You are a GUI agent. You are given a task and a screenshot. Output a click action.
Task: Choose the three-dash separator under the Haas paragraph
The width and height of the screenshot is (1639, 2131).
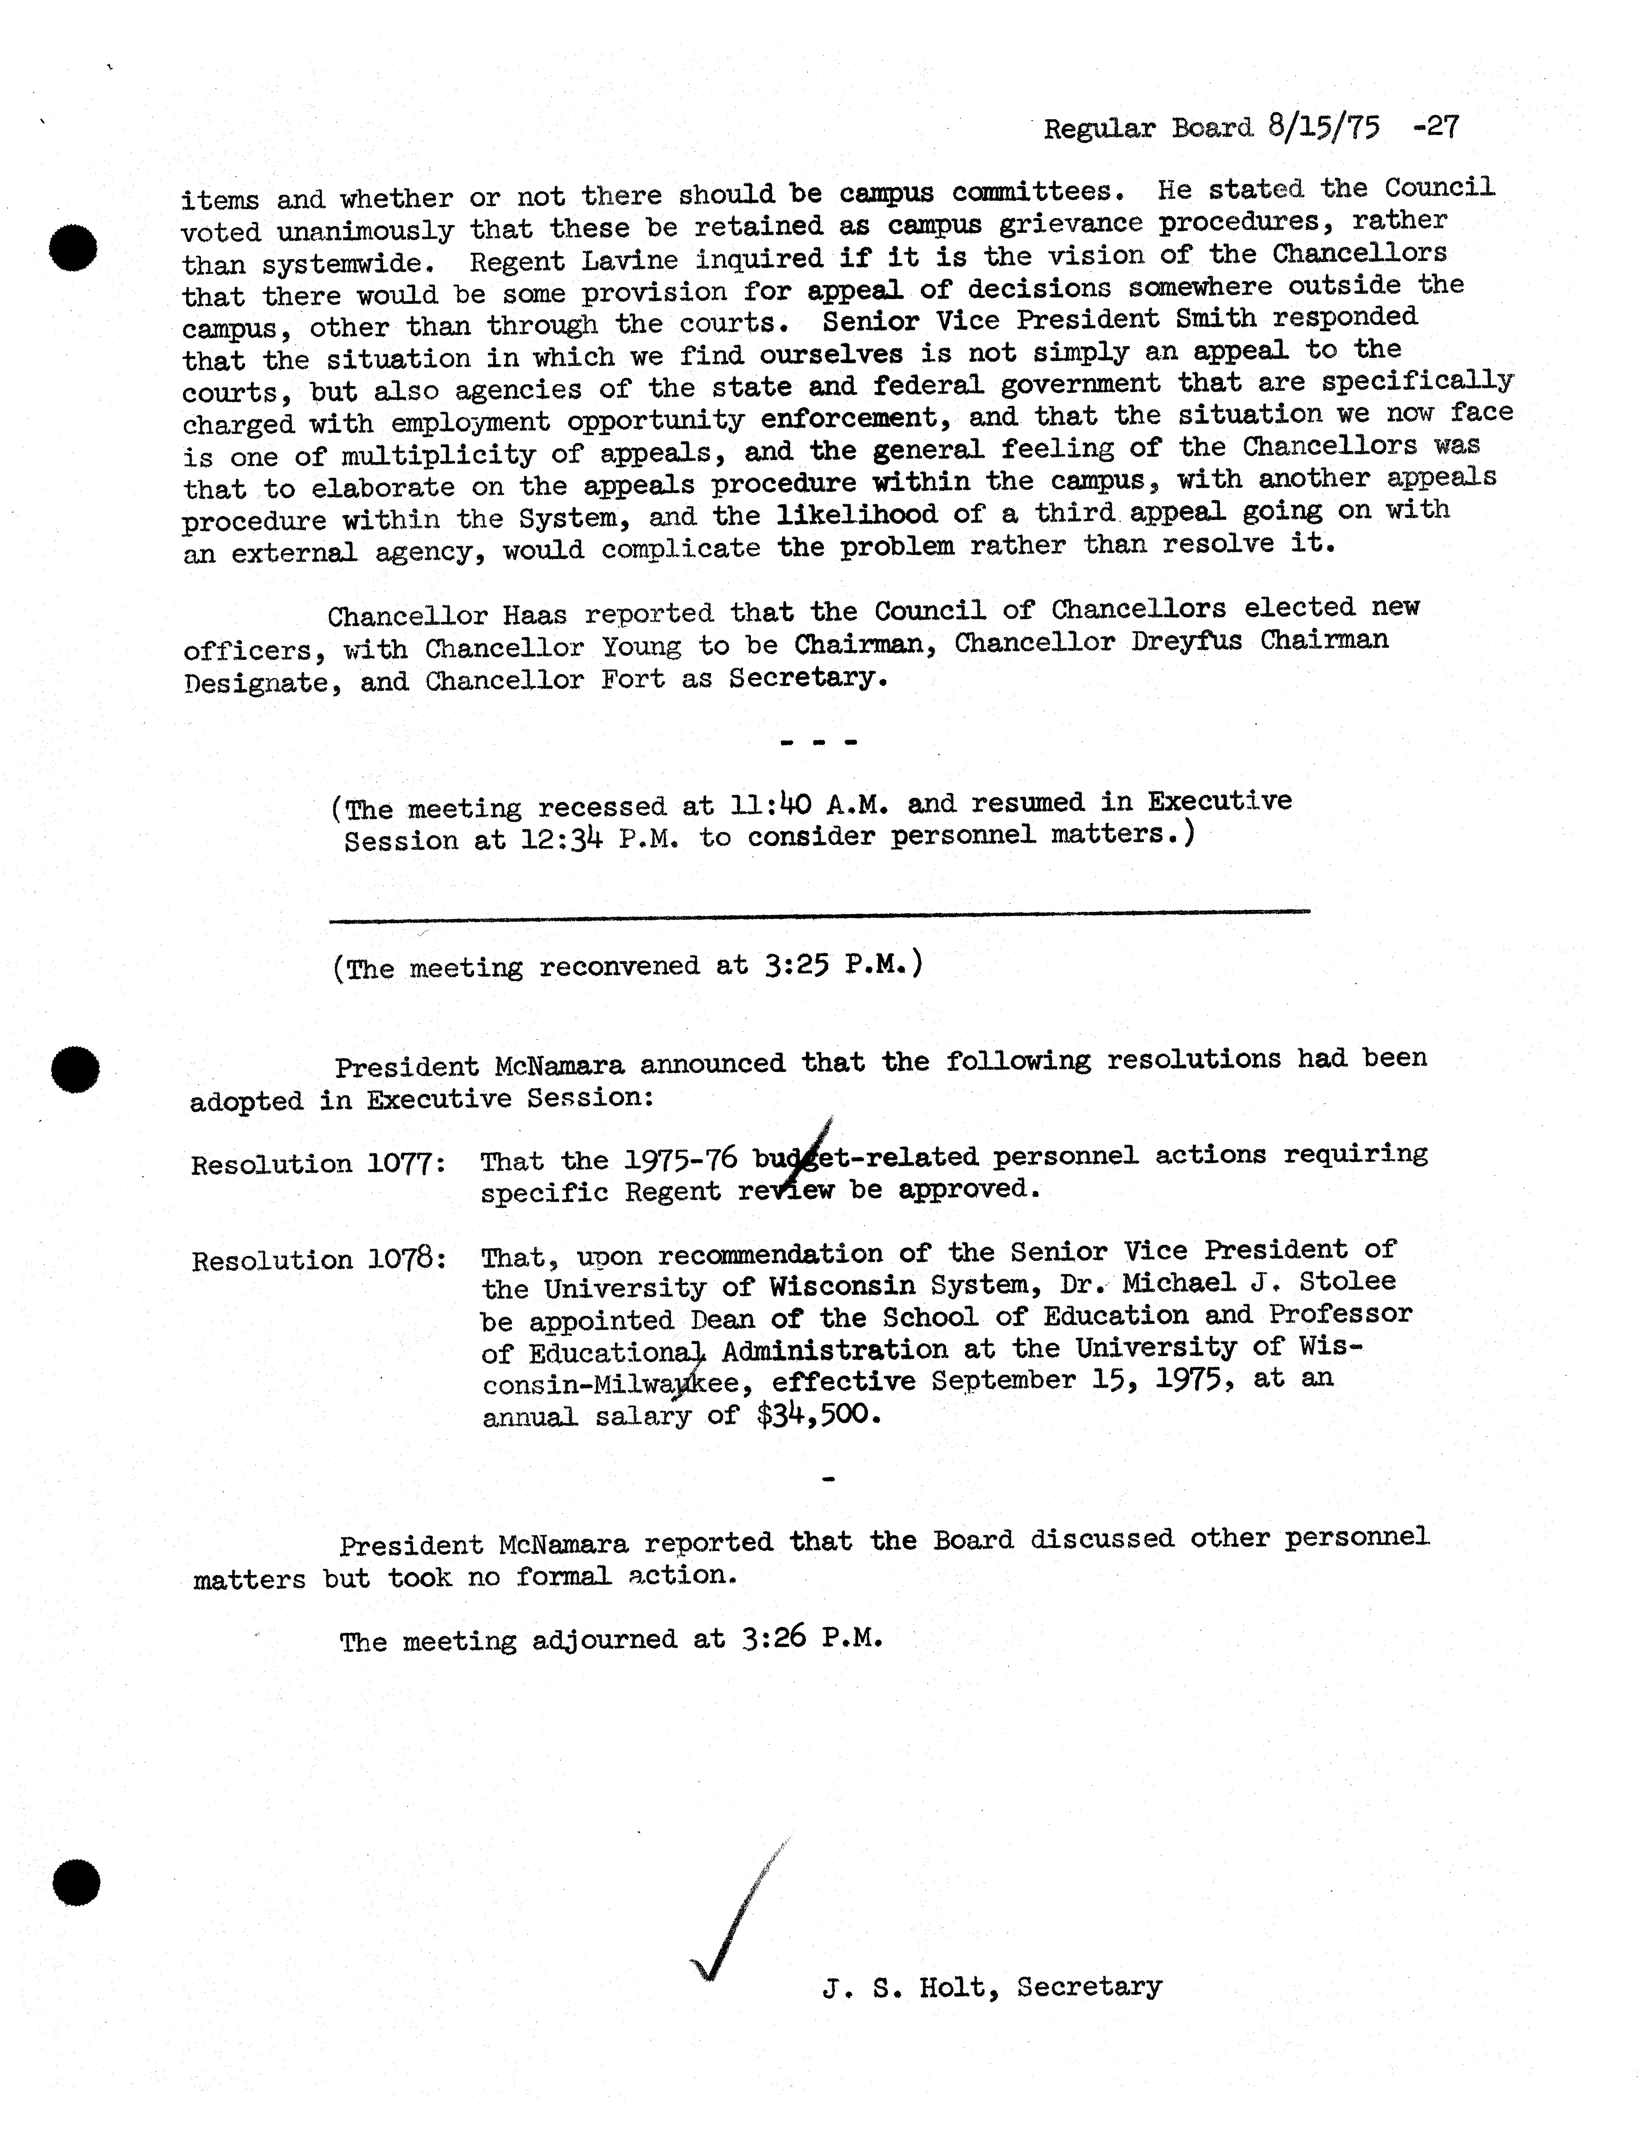(819, 743)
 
